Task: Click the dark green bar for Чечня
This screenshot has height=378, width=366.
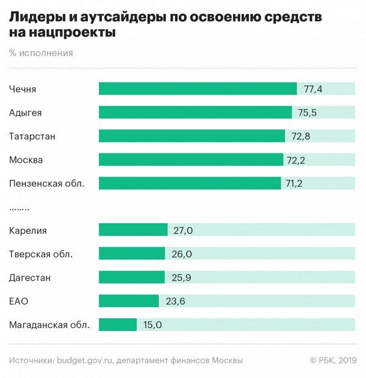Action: [198, 89]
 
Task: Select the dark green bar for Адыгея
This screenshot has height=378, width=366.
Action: [195, 113]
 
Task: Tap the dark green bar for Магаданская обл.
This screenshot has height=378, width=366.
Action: [118, 324]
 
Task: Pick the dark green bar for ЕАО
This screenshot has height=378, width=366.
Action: [129, 301]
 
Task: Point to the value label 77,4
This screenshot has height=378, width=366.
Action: [313, 90]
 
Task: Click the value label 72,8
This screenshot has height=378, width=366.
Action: [301, 136]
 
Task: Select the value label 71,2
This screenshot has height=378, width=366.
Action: [297, 183]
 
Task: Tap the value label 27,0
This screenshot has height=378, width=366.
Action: [183, 230]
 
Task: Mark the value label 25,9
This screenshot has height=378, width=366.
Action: [181, 277]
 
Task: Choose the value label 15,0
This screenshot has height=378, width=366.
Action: [152, 324]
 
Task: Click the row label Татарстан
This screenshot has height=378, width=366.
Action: [32, 136]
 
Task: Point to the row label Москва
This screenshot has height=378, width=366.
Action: [26, 160]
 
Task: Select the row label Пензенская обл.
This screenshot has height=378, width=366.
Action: [46, 183]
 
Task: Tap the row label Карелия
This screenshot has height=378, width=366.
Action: [28, 230]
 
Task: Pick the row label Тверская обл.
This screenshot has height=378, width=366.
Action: [41, 254]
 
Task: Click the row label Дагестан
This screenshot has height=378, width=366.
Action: [30, 277]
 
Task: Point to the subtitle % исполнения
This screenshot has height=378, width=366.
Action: [41, 53]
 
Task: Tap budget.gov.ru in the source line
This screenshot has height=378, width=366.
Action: [85, 360]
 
